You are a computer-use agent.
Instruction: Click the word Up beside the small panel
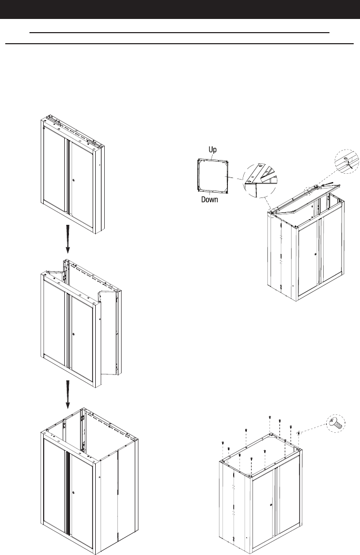213,150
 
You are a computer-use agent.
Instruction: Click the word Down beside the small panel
210,200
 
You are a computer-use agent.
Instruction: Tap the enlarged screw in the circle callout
336,421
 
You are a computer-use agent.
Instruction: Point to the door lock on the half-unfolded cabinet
74,335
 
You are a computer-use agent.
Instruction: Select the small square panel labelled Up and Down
213,175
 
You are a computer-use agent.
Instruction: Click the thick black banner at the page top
180,9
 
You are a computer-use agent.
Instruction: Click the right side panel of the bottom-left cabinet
127,490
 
